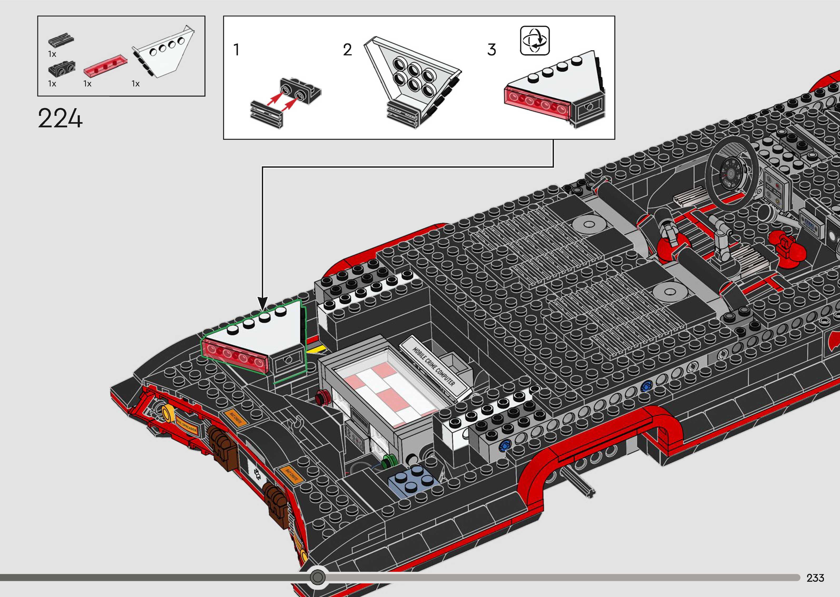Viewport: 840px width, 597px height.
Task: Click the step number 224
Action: [x=60, y=118]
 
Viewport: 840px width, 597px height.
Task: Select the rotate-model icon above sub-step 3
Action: [x=535, y=41]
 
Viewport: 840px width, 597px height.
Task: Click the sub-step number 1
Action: [x=237, y=50]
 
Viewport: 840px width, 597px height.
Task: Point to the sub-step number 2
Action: [x=347, y=50]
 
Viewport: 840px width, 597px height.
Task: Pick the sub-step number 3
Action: [x=492, y=50]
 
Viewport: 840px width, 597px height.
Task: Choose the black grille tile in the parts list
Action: [x=61, y=41]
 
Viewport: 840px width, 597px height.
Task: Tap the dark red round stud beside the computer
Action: [x=322, y=396]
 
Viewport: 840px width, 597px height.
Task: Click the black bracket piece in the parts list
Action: [x=61, y=68]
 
